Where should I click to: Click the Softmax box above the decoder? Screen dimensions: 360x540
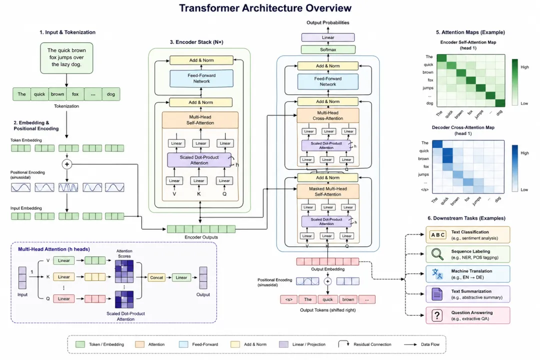click(328, 49)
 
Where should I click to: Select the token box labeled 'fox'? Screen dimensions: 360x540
click(75, 94)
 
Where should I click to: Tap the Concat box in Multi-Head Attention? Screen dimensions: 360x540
click(156, 277)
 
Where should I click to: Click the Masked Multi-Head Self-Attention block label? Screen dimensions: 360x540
click(328, 191)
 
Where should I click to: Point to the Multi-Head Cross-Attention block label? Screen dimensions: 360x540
click(328, 116)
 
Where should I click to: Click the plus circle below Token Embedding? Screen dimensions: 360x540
click(66, 164)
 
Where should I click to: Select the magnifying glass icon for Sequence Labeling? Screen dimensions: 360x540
click(438, 254)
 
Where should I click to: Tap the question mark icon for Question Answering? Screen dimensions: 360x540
click(438, 315)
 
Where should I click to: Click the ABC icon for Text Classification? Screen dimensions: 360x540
click(438, 234)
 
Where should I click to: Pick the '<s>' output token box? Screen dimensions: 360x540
click(288, 299)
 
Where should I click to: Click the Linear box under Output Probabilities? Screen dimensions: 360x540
click(328, 37)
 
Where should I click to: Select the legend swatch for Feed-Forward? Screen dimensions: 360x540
click(186, 344)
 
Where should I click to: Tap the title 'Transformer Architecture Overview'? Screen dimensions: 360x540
click(265, 8)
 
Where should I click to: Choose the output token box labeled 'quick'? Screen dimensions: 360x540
click(327, 299)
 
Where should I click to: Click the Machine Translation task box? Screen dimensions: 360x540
click(467, 273)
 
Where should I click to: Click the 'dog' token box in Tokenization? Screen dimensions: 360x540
click(111, 94)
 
